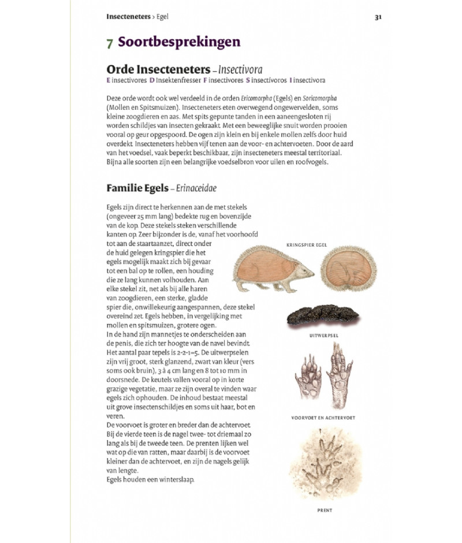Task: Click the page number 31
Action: [x=378, y=17]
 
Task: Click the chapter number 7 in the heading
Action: [x=110, y=43]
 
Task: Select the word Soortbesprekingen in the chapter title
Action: [x=180, y=42]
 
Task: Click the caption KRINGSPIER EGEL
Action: [x=307, y=245]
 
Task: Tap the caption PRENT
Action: [x=325, y=511]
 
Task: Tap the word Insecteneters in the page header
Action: [x=128, y=17]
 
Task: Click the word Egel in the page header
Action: [x=162, y=17]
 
